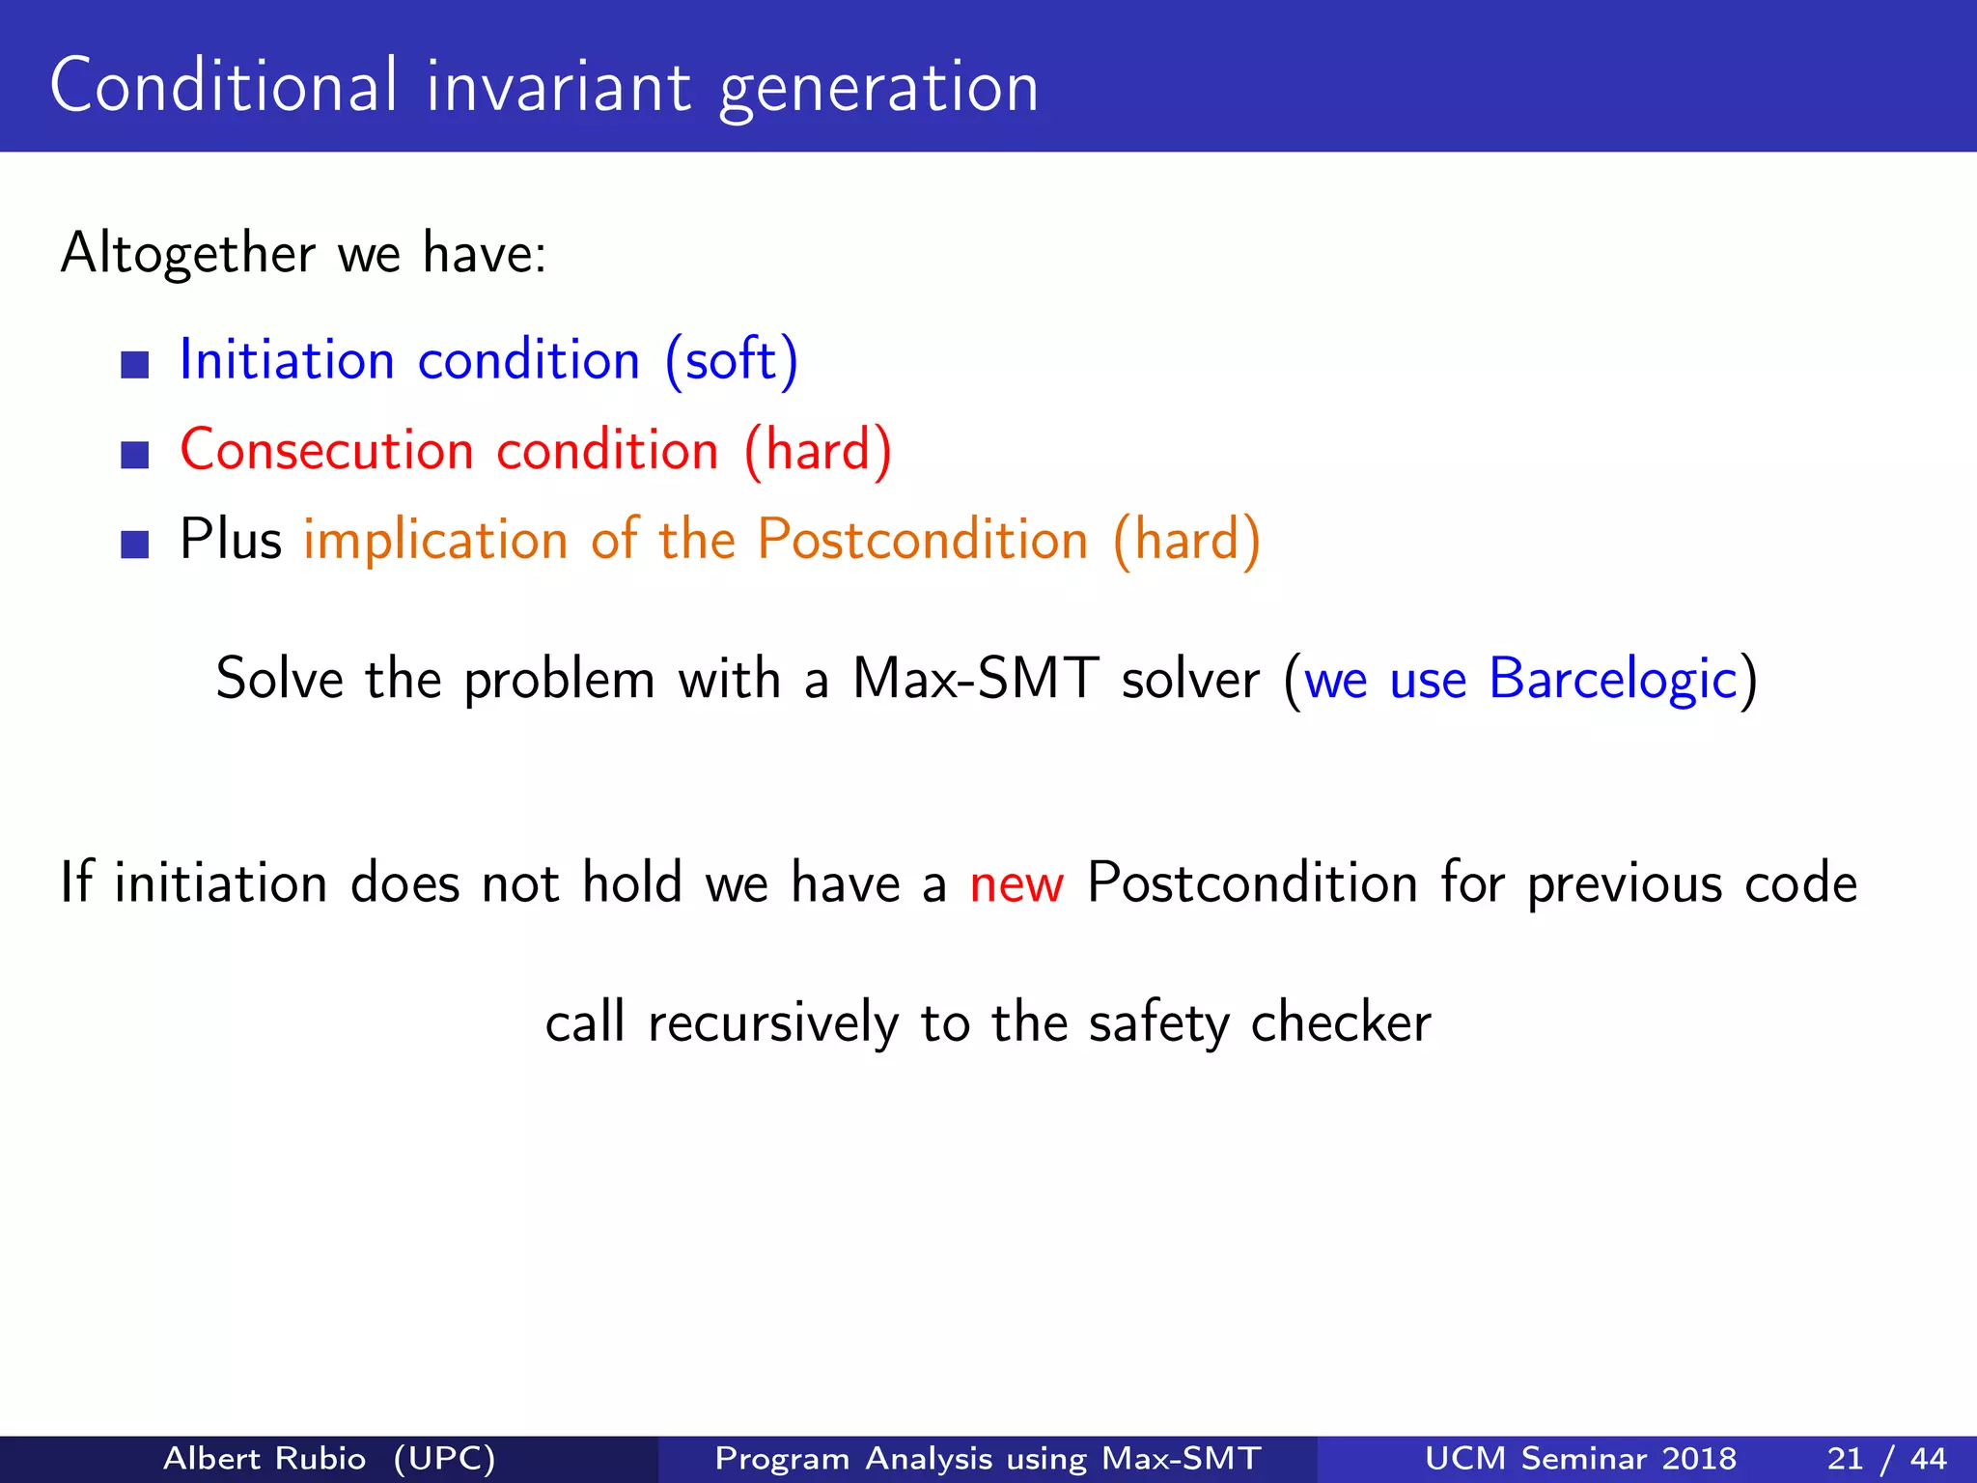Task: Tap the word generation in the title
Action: (878, 89)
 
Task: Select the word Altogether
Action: (187, 253)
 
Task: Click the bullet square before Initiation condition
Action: (135, 365)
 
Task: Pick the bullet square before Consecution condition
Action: (135, 455)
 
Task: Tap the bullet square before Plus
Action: (135, 545)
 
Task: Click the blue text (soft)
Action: (732, 360)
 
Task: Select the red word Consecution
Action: (326, 450)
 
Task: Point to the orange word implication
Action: (435, 540)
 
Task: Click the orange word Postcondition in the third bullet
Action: (922, 539)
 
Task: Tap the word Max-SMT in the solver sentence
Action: (975, 678)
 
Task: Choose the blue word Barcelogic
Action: (1612, 678)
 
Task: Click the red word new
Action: (1016, 883)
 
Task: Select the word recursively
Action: (772, 1023)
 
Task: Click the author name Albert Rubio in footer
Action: (265, 1458)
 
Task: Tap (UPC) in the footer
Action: (444, 1458)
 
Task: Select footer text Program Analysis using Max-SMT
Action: (988, 1458)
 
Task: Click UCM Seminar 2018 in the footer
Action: (1580, 1458)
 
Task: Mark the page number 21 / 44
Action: (1886, 1458)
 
